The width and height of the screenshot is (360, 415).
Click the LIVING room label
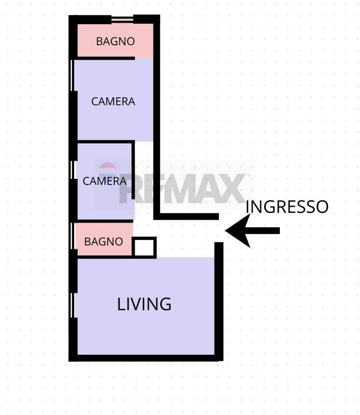click(144, 304)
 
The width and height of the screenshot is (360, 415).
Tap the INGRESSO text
click(287, 207)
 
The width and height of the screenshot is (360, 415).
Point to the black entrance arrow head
click(238, 231)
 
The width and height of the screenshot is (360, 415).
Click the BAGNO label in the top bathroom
click(115, 41)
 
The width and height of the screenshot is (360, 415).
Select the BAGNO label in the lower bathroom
click(104, 241)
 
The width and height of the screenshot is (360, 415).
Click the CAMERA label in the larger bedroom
click(113, 102)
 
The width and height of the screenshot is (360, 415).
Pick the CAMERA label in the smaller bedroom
click(104, 181)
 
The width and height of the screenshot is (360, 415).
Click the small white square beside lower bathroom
click(144, 247)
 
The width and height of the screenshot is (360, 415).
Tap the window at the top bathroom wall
click(122, 19)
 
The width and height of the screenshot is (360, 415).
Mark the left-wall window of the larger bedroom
click(71, 75)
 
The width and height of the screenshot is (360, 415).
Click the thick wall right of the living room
click(219, 301)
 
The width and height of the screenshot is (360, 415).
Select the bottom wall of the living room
click(145, 358)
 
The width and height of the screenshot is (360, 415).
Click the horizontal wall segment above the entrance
click(186, 217)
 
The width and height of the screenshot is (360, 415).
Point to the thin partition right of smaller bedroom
click(133, 170)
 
